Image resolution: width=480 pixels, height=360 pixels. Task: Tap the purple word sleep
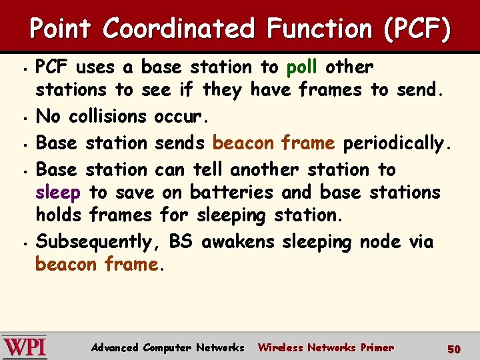point(58,193)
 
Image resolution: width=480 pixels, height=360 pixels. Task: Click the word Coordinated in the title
point(179,29)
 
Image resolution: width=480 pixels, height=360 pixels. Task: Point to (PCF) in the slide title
point(417,29)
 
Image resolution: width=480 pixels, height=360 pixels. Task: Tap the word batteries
point(231,193)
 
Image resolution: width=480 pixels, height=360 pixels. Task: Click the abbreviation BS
point(181,241)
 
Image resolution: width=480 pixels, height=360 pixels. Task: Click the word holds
point(59,215)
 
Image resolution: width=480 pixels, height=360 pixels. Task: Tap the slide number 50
point(454,349)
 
